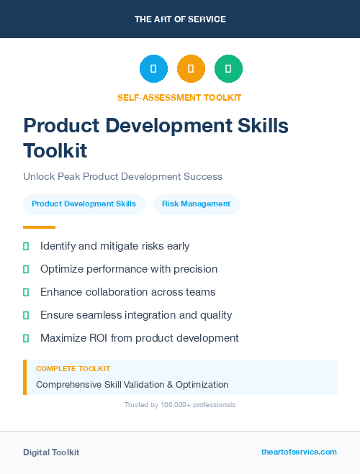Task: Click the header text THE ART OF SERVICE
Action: [x=180, y=19]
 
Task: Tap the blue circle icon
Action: [x=153, y=69]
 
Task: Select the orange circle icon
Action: [x=191, y=69]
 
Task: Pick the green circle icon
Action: [x=228, y=69]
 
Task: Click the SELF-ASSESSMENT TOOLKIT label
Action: [x=179, y=97]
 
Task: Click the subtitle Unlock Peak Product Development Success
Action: [x=122, y=176]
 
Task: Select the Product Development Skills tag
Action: [x=84, y=204]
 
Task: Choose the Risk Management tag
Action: [x=196, y=204]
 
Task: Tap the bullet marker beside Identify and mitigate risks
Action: [x=26, y=246]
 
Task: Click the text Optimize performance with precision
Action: [x=129, y=269]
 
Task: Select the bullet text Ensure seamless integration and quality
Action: [x=136, y=314]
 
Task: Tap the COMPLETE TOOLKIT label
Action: [x=73, y=368]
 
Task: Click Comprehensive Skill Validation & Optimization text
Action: [x=132, y=384]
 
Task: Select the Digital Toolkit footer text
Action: [x=51, y=452]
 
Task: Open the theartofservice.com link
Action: [x=299, y=452]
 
